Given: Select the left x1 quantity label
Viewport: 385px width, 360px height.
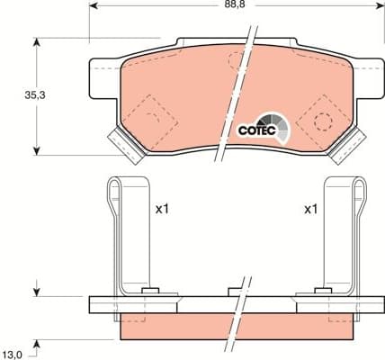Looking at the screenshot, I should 162,210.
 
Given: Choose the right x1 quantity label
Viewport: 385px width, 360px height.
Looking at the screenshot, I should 310,210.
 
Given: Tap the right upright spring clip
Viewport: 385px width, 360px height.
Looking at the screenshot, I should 342,234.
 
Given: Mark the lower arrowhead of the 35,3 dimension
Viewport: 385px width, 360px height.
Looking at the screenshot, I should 36,148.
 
